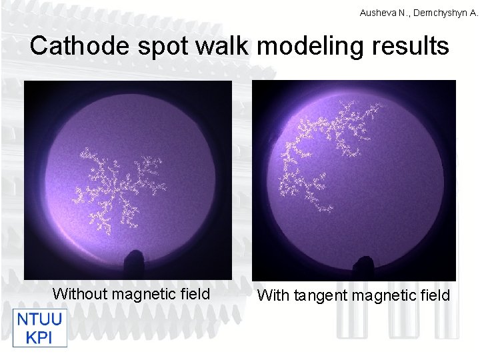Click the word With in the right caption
coord(273,295)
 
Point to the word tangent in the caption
coord(318,295)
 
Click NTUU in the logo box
coord(39,319)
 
